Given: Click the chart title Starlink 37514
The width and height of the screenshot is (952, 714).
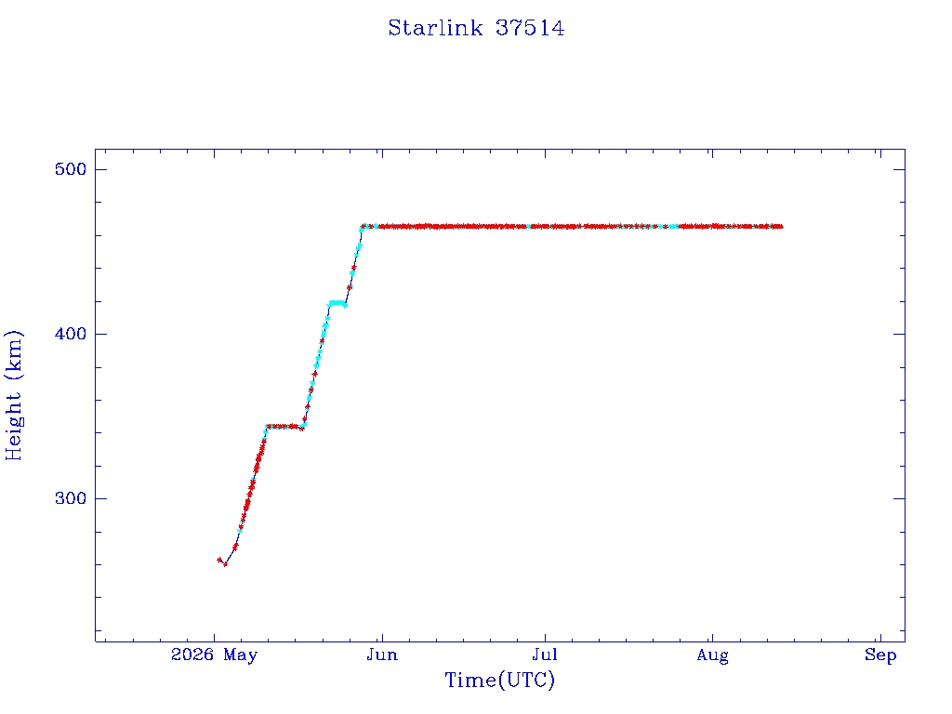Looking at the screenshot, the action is click(x=476, y=28).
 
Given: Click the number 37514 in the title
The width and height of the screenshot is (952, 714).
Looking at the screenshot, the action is click(x=530, y=28).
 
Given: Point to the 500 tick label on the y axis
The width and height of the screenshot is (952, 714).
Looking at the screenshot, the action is click(x=71, y=169).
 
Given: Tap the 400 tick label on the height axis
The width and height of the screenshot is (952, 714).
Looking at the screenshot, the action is click(x=71, y=334).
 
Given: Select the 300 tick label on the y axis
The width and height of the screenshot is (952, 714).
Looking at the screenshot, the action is click(x=71, y=498).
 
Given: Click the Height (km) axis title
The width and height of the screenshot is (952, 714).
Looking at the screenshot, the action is click(x=13, y=395).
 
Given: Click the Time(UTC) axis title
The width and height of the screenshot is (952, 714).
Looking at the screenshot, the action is click(x=499, y=680).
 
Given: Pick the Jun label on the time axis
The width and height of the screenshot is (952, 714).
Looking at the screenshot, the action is click(x=382, y=655).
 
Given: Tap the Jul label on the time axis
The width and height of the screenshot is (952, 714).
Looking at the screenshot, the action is click(x=545, y=655).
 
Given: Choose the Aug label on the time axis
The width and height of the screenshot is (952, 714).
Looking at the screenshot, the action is click(x=712, y=655).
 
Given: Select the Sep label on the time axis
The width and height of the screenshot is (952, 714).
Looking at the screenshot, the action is click(x=880, y=655).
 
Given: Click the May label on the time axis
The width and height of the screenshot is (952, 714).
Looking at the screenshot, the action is click(x=241, y=655).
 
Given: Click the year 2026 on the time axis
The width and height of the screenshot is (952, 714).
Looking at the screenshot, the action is click(x=192, y=654).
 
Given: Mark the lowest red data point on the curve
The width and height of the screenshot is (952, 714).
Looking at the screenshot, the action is click(x=225, y=564).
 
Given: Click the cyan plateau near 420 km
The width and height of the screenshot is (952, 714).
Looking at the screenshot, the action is click(x=337, y=303).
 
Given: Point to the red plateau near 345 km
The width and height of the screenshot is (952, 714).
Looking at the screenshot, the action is click(x=284, y=426).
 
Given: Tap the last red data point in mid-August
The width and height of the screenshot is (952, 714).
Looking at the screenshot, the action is click(x=781, y=227).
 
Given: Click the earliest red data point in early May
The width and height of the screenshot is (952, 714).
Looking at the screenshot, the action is click(x=218, y=560).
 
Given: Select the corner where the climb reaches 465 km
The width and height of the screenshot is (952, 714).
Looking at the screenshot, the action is click(x=363, y=227).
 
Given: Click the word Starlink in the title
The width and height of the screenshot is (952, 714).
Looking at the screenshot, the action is click(x=435, y=28).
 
